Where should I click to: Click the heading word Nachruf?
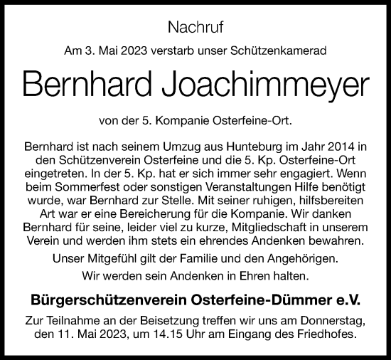pos(195,28)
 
